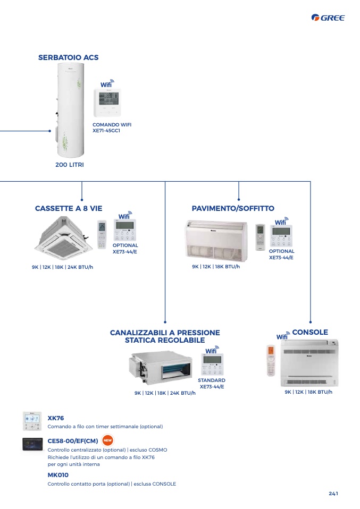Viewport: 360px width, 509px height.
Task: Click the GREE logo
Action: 328,18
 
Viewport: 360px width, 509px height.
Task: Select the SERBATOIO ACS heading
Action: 68,57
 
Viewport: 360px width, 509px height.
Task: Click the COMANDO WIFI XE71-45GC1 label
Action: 112,128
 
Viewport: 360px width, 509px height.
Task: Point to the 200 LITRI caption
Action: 70,165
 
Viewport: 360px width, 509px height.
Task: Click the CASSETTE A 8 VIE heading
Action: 69,208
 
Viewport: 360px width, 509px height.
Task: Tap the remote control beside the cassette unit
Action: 102,235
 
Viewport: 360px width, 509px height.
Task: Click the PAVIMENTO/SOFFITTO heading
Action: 233,208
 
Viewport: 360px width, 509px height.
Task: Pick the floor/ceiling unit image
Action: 216,241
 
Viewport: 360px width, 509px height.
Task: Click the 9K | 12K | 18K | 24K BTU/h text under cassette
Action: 62,267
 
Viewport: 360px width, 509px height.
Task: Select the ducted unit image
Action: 161,367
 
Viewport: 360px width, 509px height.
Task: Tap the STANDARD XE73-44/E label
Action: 212,384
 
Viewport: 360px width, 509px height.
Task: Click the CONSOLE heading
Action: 310,332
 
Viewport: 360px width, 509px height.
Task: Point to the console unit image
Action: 309,363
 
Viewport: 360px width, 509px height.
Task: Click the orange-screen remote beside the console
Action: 271,360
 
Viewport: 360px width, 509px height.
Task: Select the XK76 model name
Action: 55,418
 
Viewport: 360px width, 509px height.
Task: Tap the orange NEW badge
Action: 107,440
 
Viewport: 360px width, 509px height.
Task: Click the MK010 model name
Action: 58,475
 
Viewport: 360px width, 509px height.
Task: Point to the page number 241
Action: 333,494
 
